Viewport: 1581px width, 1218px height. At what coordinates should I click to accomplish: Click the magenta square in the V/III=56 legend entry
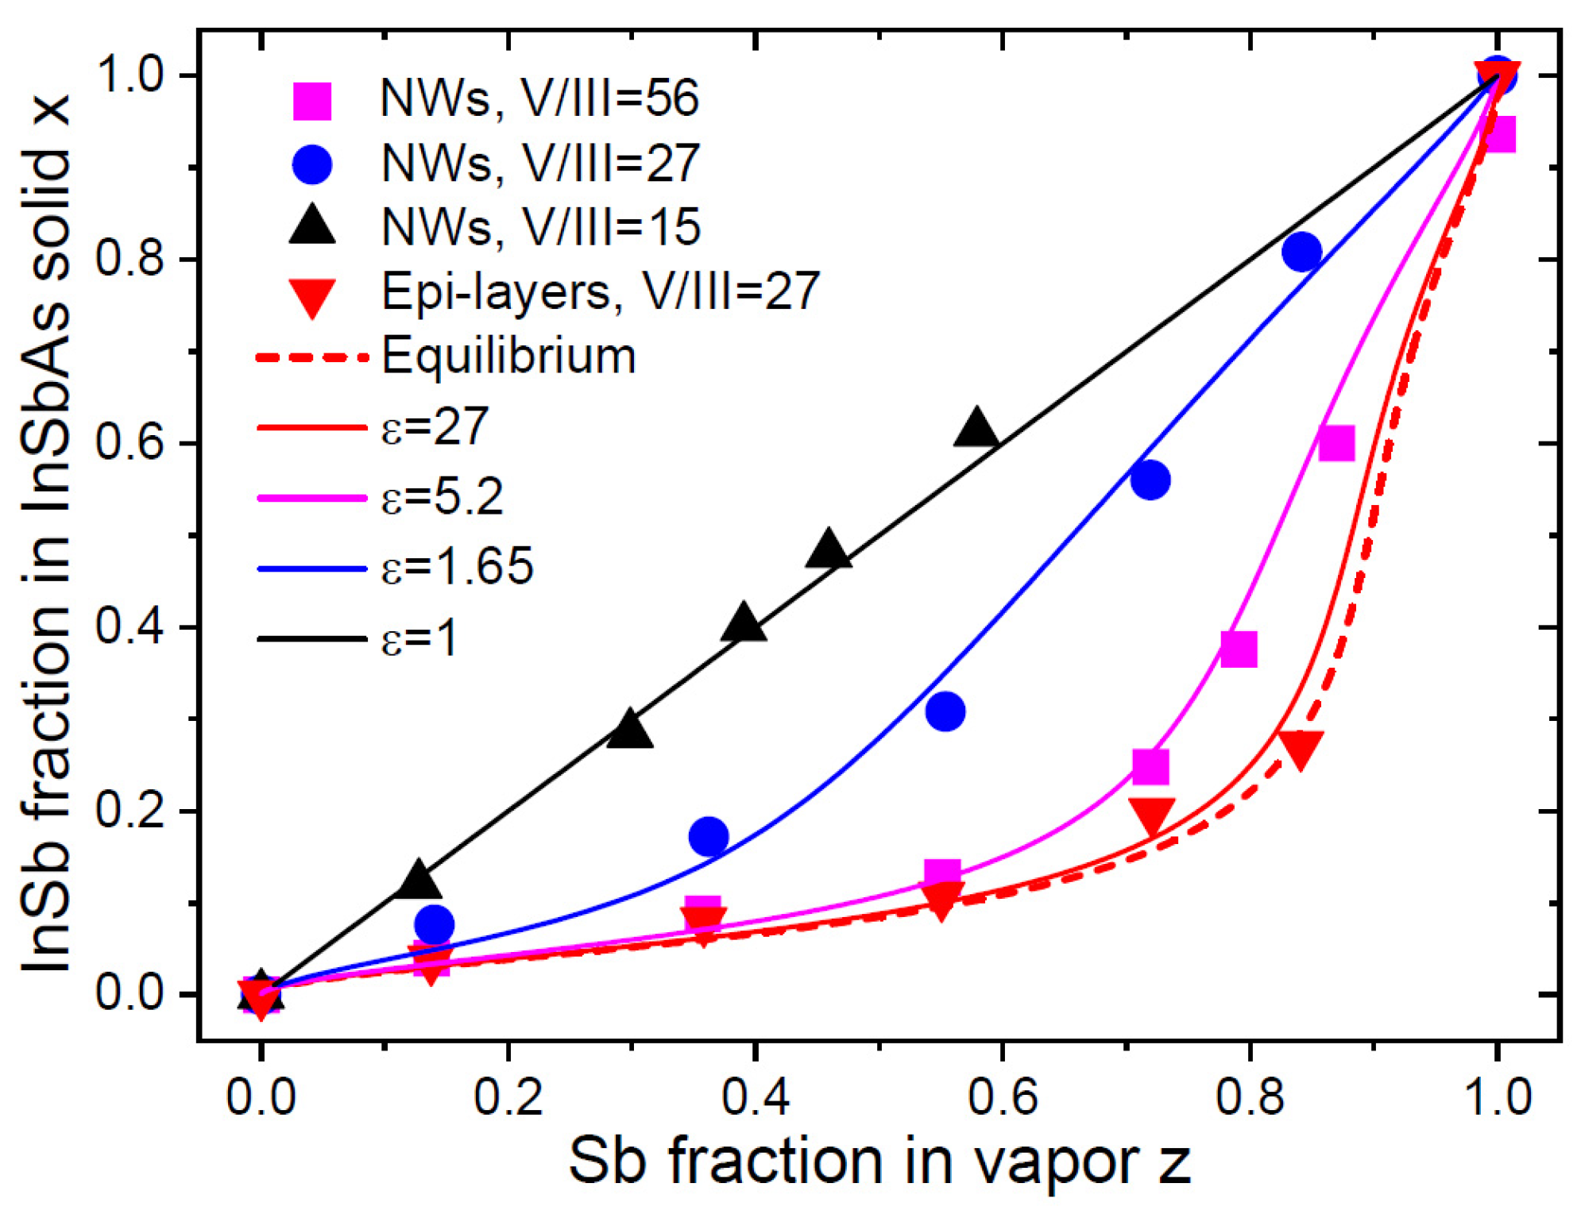tap(312, 101)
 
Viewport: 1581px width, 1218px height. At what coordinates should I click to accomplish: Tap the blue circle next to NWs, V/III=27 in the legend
tap(312, 164)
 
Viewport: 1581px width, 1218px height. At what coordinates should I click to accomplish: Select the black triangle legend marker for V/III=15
tap(312, 225)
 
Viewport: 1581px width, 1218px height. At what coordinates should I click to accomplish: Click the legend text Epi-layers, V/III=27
tap(600, 291)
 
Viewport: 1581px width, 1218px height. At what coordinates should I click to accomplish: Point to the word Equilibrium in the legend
tap(508, 356)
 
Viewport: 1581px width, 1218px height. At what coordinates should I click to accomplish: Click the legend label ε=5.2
tap(442, 497)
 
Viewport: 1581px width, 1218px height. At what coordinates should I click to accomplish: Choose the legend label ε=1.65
tap(457, 567)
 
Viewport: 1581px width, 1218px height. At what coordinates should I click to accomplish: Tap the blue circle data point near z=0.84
tap(1301, 252)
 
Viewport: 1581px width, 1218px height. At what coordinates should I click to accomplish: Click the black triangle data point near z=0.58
tap(976, 429)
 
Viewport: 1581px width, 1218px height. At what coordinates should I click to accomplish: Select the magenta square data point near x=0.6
tap(1336, 443)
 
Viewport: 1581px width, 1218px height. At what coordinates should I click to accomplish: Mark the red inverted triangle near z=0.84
tap(1301, 750)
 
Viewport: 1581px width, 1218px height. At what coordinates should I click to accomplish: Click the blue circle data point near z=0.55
tap(945, 711)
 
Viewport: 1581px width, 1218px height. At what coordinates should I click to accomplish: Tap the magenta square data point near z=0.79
tap(1239, 649)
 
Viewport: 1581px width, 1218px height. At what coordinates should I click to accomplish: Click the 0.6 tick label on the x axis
tap(1003, 1097)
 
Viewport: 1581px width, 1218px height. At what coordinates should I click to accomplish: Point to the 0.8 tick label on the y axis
tap(129, 259)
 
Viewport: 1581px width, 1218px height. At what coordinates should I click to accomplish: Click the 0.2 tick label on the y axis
tap(129, 811)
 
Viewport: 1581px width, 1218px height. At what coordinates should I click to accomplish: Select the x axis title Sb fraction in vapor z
tap(879, 1161)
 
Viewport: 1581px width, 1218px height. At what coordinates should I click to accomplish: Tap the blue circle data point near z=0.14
tap(434, 924)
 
